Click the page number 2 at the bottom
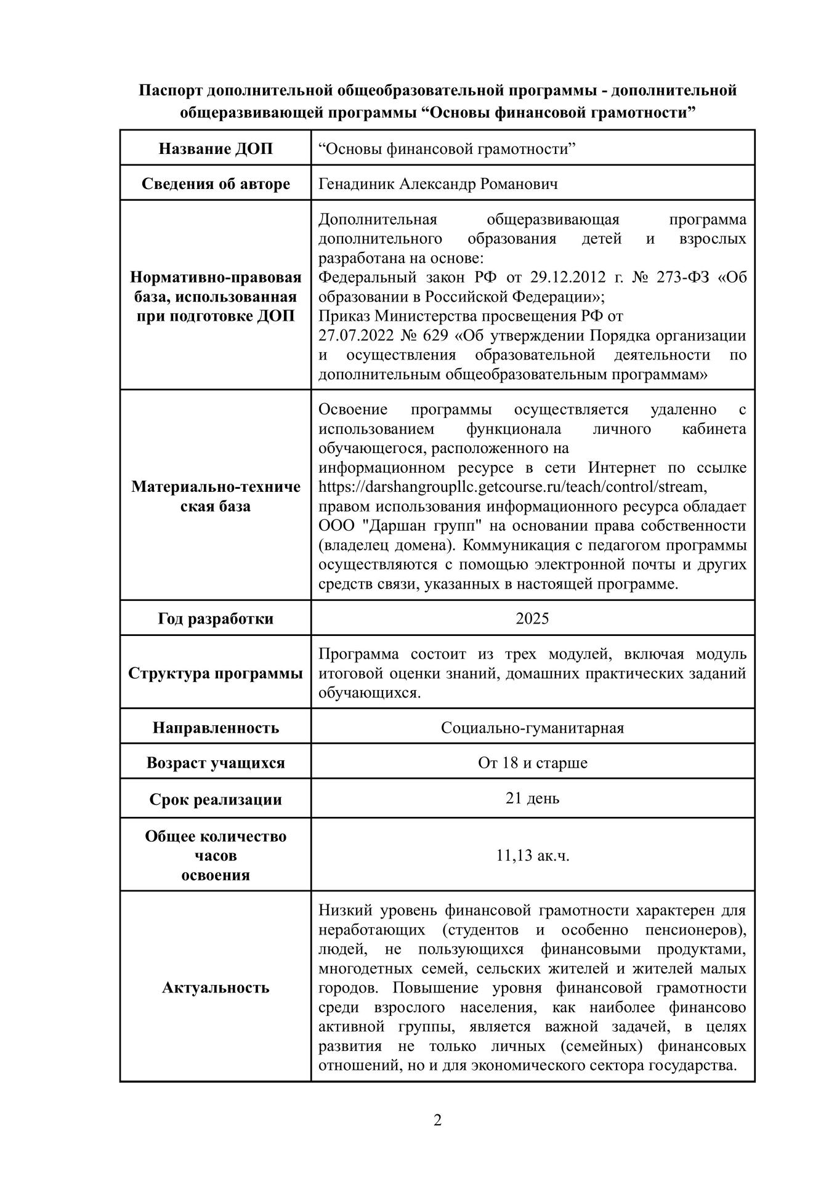click(x=437, y=1120)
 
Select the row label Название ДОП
click(x=216, y=149)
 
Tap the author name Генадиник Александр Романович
click(x=438, y=184)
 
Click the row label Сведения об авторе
click(x=216, y=184)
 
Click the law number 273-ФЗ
click(x=684, y=277)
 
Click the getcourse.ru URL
click(x=511, y=487)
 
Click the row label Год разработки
click(x=216, y=619)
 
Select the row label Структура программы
click(x=216, y=673)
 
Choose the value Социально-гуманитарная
click(x=532, y=728)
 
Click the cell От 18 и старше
click(x=532, y=763)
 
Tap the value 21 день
click(x=532, y=798)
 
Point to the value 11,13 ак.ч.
click(x=532, y=855)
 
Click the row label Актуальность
click(x=216, y=987)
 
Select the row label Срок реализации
click(x=216, y=800)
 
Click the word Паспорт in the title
click(x=171, y=90)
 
